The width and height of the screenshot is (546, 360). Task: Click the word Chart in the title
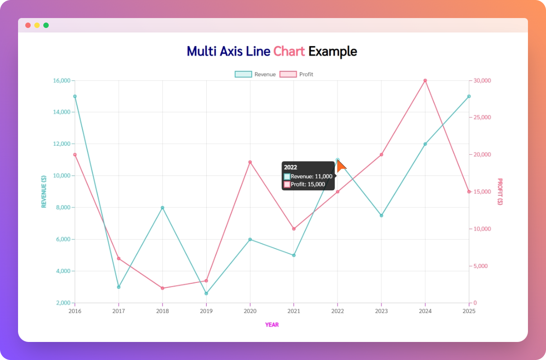point(289,51)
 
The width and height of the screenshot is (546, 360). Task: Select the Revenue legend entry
point(255,74)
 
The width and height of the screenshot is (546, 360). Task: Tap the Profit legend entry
point(296,74)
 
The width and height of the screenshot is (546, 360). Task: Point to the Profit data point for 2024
point(425,81)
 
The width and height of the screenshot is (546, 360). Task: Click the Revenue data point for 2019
point(206,294)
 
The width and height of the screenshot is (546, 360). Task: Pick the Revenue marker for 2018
point(162,208)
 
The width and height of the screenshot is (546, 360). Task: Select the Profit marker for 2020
point(250,162)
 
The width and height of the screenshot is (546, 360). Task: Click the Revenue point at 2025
point(469,97)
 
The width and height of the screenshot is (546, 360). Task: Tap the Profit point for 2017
point(119,258)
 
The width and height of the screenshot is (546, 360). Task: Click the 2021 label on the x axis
point(294,311)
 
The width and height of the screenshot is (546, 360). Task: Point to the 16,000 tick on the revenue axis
point(62,81)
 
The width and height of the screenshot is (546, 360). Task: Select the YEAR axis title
point(272,325)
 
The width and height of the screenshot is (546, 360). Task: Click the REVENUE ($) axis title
point(44,192)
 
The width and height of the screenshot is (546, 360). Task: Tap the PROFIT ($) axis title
point(500,192)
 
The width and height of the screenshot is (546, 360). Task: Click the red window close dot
point(28,25)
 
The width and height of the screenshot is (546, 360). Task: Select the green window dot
point(46,25)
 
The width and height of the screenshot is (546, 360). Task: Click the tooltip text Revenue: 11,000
point(311,176)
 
